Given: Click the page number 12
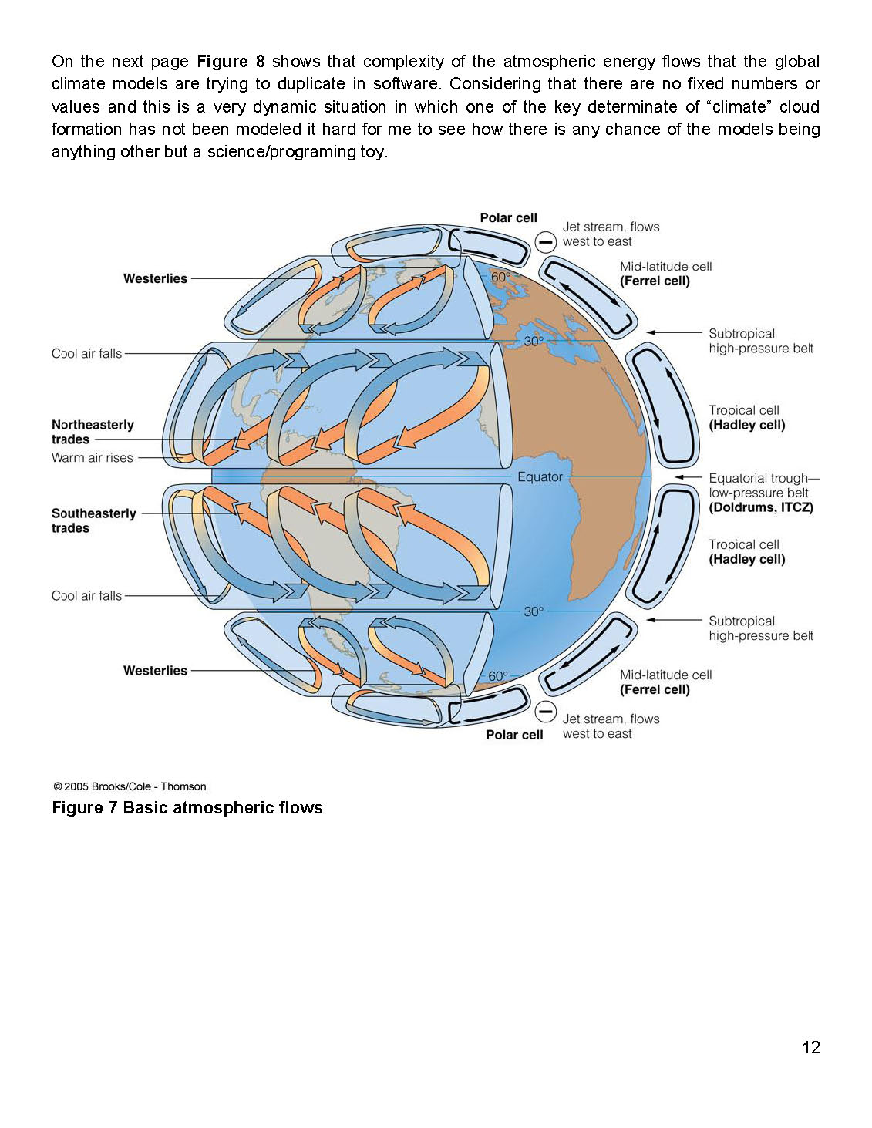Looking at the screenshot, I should point(811,1047).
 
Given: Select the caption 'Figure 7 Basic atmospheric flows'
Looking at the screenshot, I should point(187,808).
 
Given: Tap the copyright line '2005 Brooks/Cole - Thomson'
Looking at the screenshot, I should point(130,786).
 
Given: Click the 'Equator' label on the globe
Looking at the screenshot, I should point(540,477).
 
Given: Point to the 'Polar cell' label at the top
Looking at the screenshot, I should point(508,218).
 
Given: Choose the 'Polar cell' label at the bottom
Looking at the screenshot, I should point(514,735).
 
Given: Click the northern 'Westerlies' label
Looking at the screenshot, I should point(155,278).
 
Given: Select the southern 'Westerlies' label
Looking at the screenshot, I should point(155,671).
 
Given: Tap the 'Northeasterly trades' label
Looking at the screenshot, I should point(93,432).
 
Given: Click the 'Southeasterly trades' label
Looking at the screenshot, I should point(93,520).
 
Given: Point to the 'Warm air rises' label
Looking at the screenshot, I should point(92,458).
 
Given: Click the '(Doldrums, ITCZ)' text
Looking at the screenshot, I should point(761,507).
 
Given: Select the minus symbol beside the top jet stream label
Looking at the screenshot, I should point(546,241).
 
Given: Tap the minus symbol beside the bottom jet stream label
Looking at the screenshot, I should point(546,711).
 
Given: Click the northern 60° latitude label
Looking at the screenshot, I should point(500,278).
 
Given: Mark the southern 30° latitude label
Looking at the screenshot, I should point(534,611).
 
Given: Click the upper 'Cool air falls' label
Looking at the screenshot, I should point(86,354).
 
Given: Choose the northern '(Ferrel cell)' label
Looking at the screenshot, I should point(655,281).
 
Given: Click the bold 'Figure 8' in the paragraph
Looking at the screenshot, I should point(231,62).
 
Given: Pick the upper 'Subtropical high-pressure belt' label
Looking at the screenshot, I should point(760,341).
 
